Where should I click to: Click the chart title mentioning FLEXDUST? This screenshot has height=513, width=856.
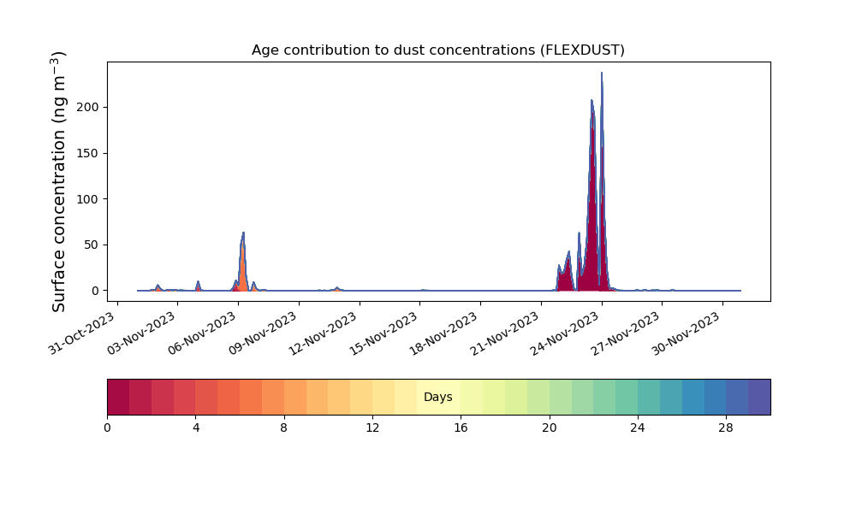437,50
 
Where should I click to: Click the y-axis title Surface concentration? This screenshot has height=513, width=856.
59,181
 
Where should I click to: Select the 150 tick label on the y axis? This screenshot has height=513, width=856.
87,153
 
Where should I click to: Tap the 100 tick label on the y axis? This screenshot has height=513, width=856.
87,199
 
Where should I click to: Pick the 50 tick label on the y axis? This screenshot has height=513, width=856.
92,245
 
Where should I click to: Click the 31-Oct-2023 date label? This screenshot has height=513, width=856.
82,333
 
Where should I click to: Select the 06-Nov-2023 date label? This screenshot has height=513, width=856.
202,333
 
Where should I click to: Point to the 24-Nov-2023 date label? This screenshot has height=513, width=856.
566,333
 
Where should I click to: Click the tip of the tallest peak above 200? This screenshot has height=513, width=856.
602,73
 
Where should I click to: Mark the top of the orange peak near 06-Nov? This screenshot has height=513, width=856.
243,233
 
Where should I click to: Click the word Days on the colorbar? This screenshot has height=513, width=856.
437,397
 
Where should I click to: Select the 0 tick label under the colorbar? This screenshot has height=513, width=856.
107,428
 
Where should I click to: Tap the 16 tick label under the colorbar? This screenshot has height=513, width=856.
461,428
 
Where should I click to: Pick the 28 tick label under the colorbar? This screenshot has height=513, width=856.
726,428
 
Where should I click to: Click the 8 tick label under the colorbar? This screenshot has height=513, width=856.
284,428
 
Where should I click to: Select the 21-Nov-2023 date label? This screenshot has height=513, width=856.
505,333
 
